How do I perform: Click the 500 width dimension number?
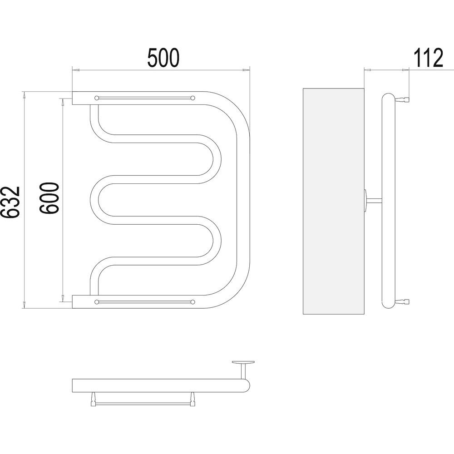click(163, 58)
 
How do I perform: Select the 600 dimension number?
click(49, 198)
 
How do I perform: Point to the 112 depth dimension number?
click(428, 58)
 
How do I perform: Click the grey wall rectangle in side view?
click(333, 201)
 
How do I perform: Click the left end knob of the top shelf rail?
click(97, 98)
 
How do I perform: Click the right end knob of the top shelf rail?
click(192, 98)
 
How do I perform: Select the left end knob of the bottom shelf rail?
click(97, 302)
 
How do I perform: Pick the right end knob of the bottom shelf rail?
click(192, 302)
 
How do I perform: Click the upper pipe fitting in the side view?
click(401, 100)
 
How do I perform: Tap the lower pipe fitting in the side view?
click(401, 301)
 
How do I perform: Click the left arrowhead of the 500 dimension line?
click(75, 70)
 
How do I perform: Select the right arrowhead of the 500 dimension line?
click(246, 70)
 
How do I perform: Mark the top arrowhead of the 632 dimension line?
click(25, 95)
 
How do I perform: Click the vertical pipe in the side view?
click(388, 201)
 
